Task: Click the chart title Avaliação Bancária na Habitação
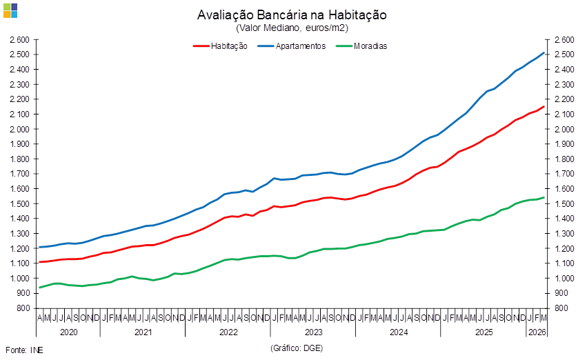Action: tap(292, 15)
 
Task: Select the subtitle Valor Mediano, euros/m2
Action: tap(292, 28)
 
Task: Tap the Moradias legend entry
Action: tap(370, 46)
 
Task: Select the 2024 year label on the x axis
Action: tap(397, 332)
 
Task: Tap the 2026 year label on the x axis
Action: tap(537, 332)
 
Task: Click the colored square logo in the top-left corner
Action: tap(10, 10)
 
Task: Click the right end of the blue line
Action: tap(544, 53)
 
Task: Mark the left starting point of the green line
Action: tap(39, 288)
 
